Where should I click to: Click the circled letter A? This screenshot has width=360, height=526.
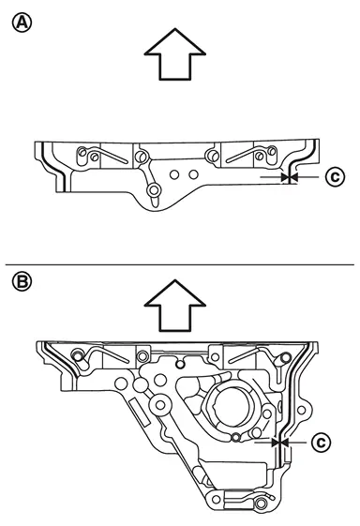tap(22, 23)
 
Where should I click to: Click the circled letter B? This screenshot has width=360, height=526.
tap(22, 281)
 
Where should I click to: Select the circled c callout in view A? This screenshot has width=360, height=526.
tap(335, 176)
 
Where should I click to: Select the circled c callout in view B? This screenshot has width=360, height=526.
tap(321, 443)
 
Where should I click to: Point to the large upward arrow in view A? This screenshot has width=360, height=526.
tap(174, 54)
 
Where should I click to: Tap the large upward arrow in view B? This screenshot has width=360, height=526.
tap(174, 306)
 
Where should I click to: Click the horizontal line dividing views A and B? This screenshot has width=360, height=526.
tap(179, 264)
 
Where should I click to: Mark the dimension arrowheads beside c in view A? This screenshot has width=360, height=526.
tap(289, 177)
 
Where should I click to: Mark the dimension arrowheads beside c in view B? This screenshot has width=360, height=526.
tap(279, 443)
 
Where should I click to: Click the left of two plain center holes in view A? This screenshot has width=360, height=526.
tap(173, 174)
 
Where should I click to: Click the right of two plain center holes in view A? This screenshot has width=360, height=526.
tap(193, 174)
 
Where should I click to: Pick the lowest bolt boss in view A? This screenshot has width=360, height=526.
tap(154, 190)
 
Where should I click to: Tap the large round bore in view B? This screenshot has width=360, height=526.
tap(232, 407)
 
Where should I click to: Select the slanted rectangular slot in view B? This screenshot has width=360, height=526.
tap(139, 412)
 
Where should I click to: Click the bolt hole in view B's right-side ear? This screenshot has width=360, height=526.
tap(301, 410)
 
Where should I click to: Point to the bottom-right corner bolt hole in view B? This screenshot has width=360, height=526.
tap(262, 503)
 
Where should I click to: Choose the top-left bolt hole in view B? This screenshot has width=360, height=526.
tap(78, 355)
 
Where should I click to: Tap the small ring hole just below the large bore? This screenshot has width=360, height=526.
tap(236, 437)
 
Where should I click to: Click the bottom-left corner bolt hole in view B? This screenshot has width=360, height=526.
tap(216, 500)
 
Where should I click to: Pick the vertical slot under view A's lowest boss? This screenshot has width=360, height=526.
tap(154, 202)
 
